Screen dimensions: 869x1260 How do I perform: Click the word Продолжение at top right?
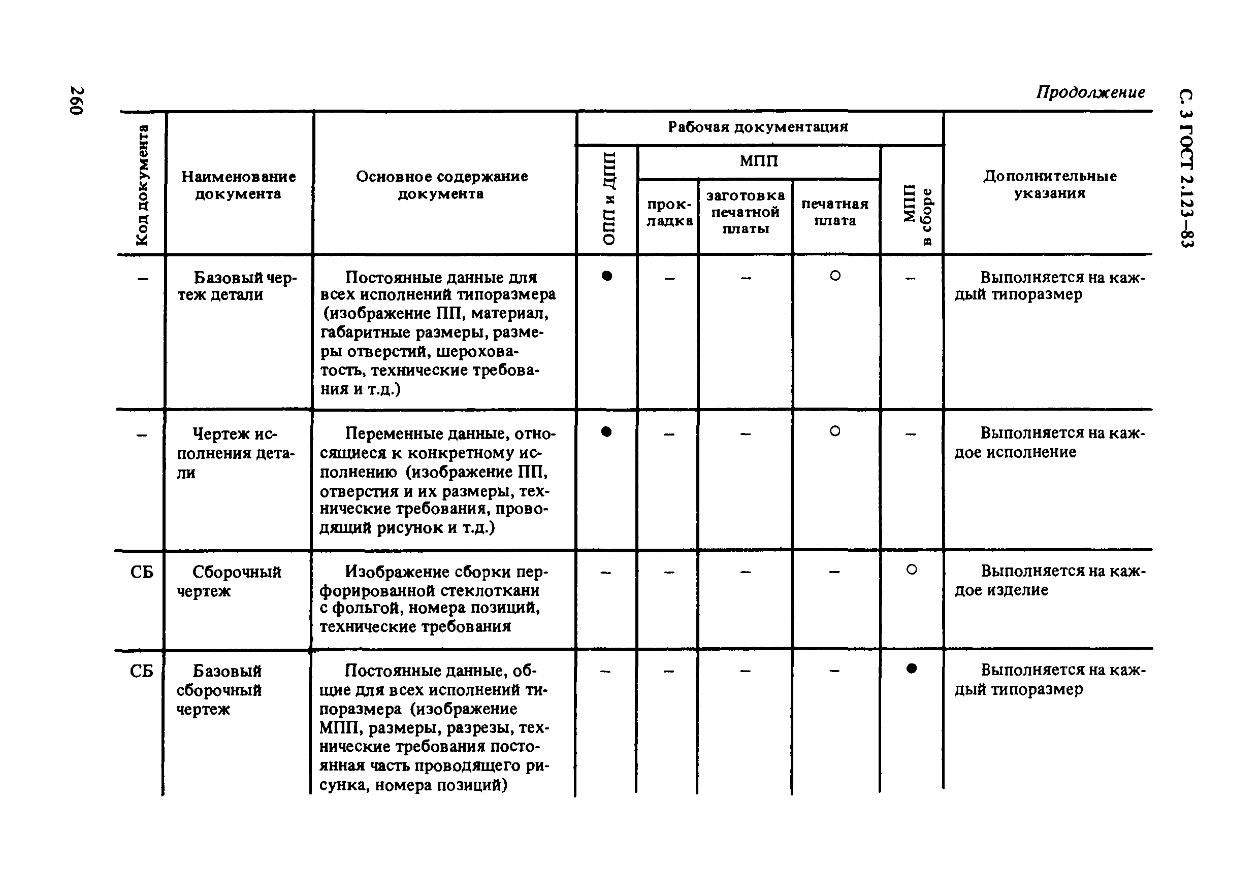(1090, 92)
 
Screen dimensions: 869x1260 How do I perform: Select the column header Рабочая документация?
(758, 127)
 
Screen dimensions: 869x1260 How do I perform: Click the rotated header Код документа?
(141, 185)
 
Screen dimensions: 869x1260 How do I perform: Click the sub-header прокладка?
(669, 212)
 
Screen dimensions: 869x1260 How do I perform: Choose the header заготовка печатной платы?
(745, 212)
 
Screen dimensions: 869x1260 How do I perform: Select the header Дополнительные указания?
(1049, 185)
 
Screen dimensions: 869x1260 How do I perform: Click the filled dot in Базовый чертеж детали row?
(607, 276)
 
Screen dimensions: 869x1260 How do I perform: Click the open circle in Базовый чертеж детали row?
(834, 276)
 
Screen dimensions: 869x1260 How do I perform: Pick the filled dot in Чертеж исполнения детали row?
(606, 432)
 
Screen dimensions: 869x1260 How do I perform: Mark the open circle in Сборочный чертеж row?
(912, 570)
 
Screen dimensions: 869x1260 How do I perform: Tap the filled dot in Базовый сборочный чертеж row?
(912, 669)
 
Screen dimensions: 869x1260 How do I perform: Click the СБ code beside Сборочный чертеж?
(142, 572)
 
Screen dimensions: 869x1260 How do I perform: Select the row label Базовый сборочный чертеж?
(219, 690)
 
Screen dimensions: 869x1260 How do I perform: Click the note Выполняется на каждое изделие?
(1049, 580)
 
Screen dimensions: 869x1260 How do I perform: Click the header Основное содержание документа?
(441, 185)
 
